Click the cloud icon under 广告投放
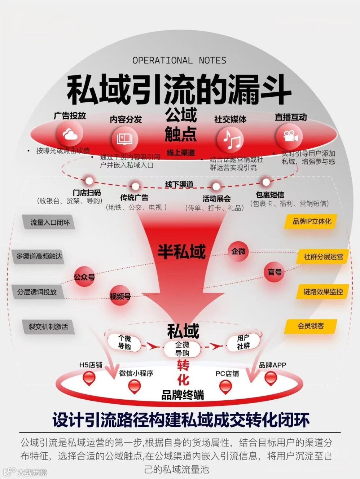pyautogui.click(x=70, y=135)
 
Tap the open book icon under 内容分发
pyautogui.click(x=125, y=139)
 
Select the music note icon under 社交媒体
pyautogui.click(x=231, y=139)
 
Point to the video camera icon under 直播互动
pyautogui.click(x=289, y=137)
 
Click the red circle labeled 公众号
pyautogui.click(x=84, y=277)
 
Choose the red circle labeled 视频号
pyautogui.click(x=120, y=296)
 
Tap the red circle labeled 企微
pyautogui.click(x=238, y=251)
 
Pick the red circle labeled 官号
pyautogui.click(x=275, y=272)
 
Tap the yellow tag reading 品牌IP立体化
pyautogui.click(x=312, y=221)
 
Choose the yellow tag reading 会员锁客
pyautogui.click(x=311, y=326)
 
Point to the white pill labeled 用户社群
pyautogui.click(x=243, y=342)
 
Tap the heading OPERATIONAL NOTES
pyautogui.click(x=179, y=60)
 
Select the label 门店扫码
pyautogui.click(x=87, y=193)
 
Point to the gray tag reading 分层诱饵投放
pyautogui.click(x=37, y=292)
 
